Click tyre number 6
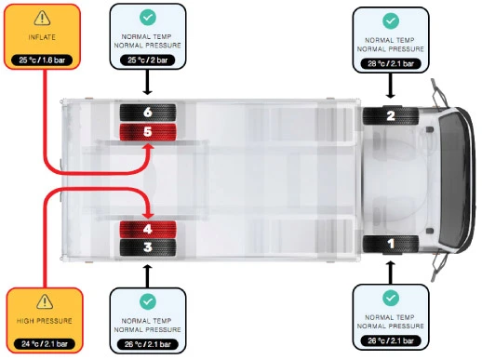[148, 113]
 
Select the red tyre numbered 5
[148, 132]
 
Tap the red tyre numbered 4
[148, 229]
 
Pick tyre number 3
[148, 247]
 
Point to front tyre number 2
[391, 115]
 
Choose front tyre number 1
[391, 245]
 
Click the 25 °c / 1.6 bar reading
[42, 60]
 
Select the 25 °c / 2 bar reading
[148, 60]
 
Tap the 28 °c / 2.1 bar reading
[391, 64]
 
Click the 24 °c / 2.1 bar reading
[45, 344]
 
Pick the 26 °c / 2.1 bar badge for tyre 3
[148, 344]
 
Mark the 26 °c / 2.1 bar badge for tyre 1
[391, 340]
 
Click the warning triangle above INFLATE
[42, 18]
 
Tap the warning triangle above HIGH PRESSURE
[45, 301]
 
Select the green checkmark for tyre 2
[391, 20]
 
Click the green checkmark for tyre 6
[148, 17]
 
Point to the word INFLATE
[42, 37]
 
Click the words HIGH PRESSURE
[45, 321]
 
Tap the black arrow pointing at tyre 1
[391, 273]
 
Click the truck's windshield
[453, 180]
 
